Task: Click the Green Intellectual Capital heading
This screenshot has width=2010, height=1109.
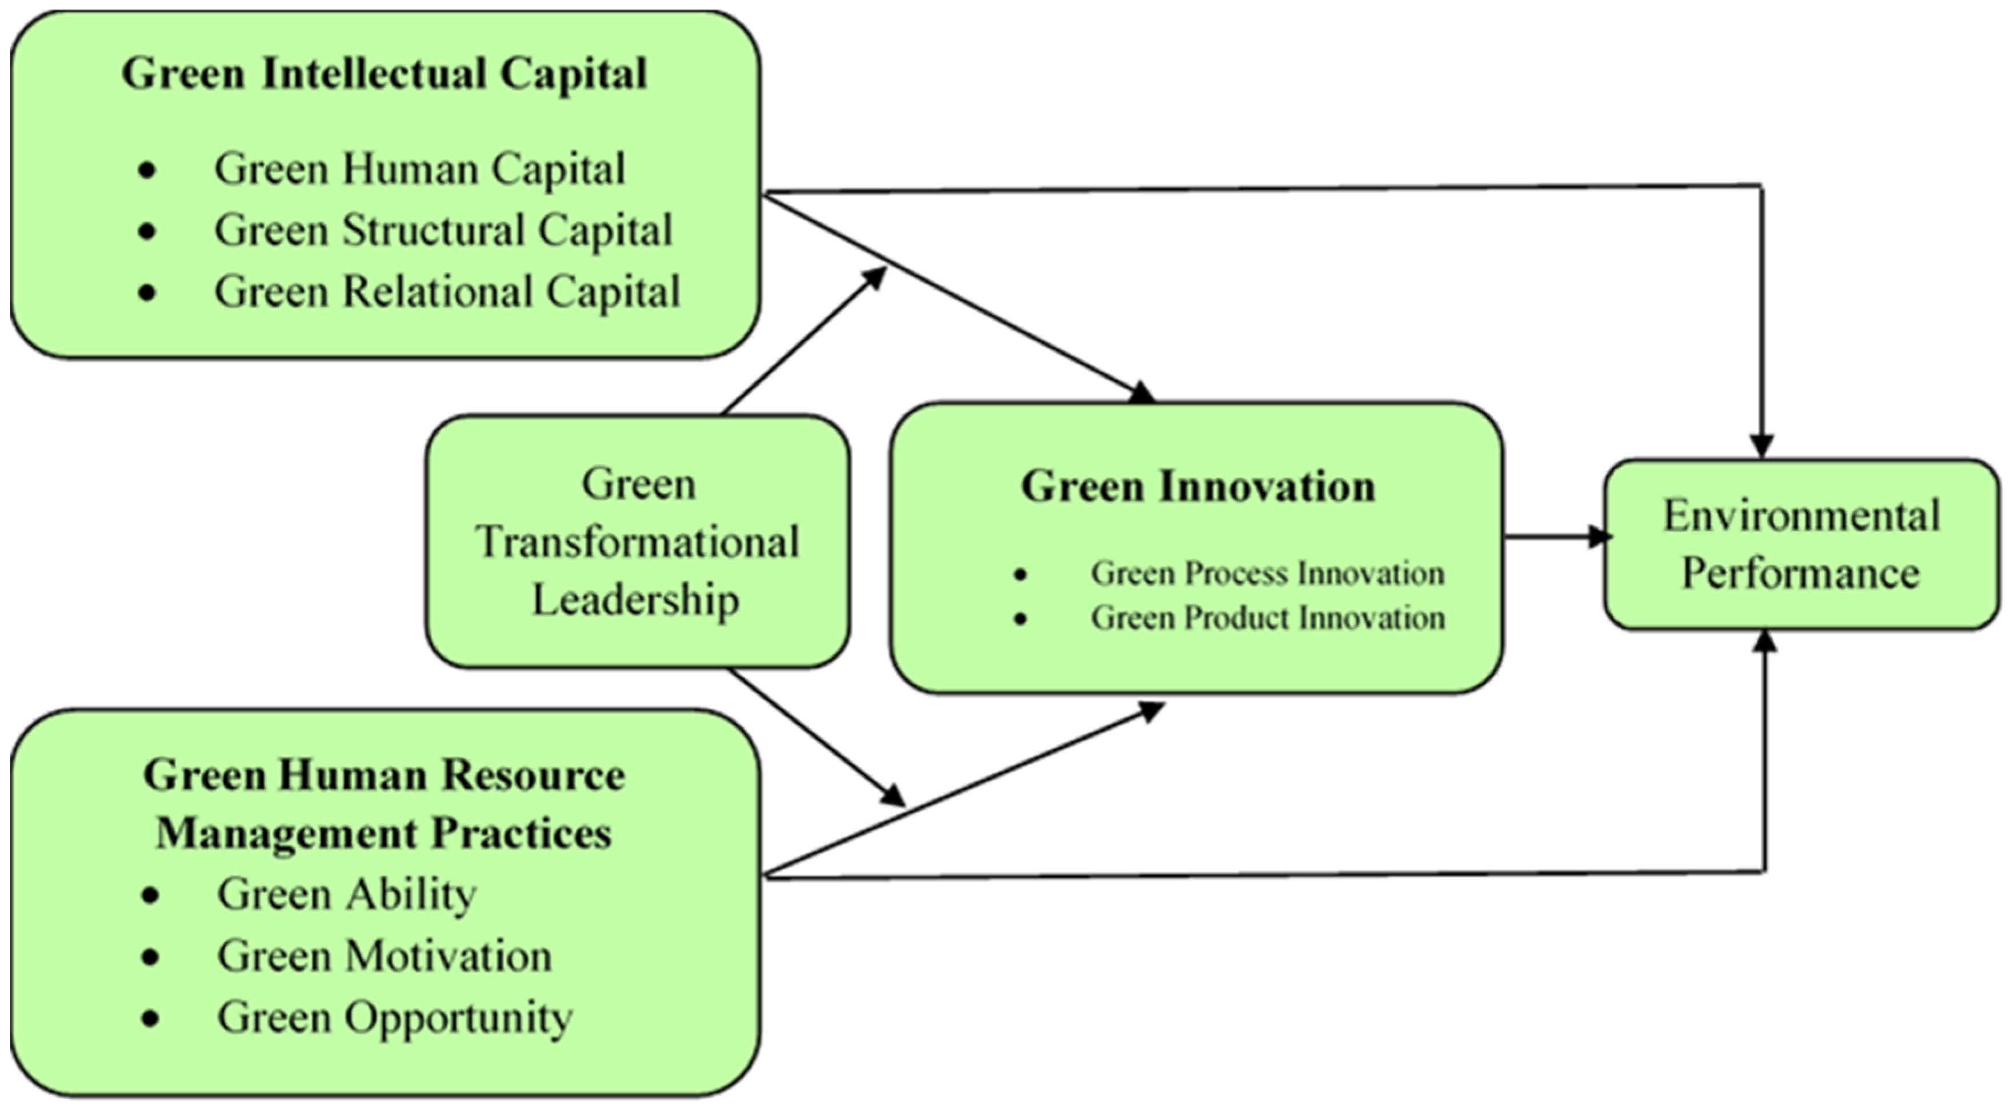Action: point(384,74)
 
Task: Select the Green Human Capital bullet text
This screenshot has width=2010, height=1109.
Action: point(420,169)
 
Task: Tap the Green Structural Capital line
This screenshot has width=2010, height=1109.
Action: point(443,231)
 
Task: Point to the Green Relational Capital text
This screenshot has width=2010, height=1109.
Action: point(447,293)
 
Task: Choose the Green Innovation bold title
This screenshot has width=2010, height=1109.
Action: point(1198,487)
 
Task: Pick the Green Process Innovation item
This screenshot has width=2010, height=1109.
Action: point(1267,574)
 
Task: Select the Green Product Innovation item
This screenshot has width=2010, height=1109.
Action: point(1267,618)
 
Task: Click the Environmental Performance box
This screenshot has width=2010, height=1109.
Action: point(1801,544)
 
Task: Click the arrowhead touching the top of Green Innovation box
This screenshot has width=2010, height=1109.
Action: point(1143,393)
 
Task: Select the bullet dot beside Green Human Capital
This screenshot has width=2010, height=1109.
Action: point(147,170)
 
